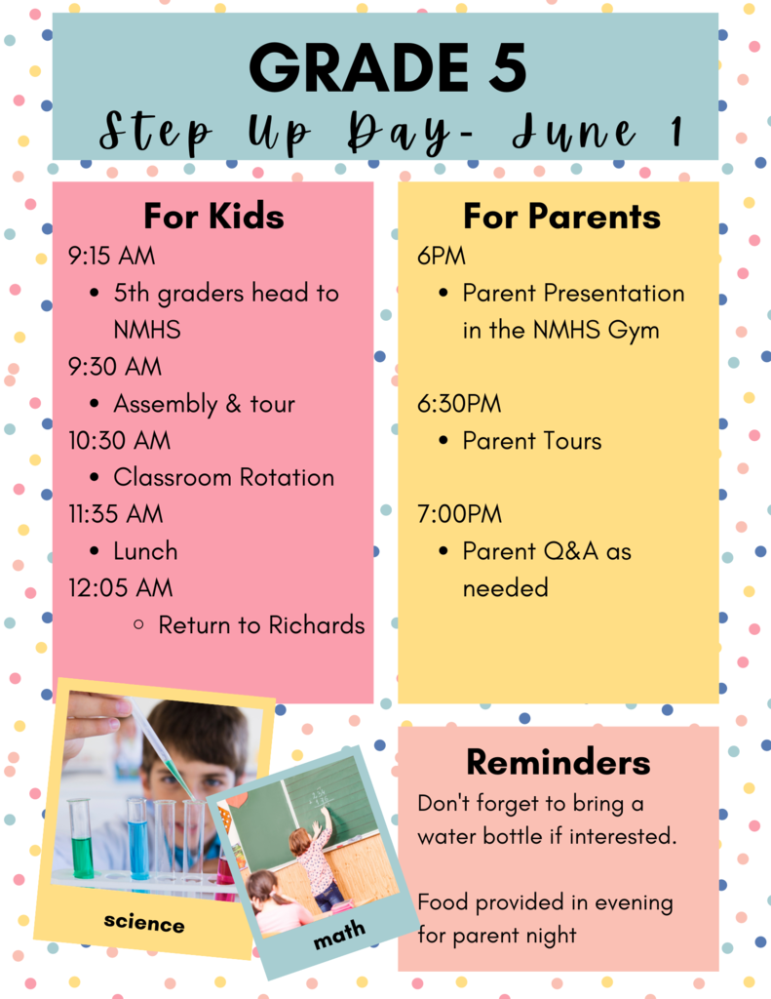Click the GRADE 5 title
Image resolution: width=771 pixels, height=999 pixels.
point(387,67)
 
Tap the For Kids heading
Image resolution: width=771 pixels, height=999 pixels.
point(213,216)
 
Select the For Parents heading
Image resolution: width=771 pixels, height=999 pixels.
point(561,216)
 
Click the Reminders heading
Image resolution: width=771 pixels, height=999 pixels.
point(559,762)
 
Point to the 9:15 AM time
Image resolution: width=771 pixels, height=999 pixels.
point(111,257)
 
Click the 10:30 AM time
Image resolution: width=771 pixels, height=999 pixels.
point(119,441)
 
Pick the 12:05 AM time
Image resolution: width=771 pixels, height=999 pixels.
point(120,588)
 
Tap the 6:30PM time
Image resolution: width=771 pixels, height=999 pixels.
point(459,404)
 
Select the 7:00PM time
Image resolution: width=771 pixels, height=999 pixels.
point(460,514)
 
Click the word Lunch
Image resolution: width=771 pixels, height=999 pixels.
point(145,551)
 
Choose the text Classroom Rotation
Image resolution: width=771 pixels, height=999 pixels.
point(224,478)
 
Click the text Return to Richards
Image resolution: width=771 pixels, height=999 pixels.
point(261,625)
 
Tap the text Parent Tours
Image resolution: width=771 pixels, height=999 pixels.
point(532,441)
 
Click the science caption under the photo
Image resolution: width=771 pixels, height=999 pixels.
point(144,922)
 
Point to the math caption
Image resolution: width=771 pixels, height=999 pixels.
point(339,935)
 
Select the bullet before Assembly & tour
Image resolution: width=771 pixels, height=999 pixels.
point(95,404)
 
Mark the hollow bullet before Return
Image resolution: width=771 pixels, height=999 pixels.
point(138,625)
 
